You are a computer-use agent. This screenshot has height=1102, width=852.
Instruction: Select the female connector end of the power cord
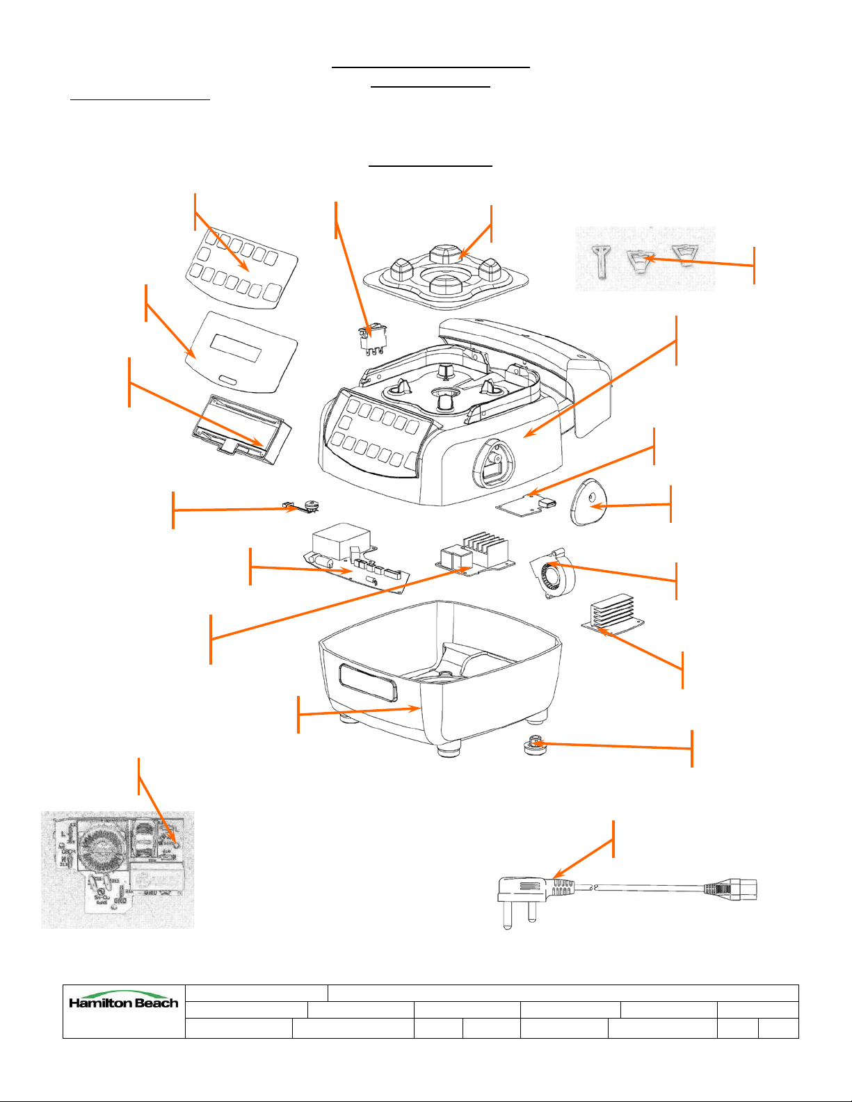tap(730, 890)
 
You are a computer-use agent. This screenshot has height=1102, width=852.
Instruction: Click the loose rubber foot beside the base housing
tap(533, 749)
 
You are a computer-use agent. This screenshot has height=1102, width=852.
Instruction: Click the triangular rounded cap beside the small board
tap(588, 505)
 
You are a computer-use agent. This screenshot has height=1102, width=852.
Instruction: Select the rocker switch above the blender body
tap(371, 337)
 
